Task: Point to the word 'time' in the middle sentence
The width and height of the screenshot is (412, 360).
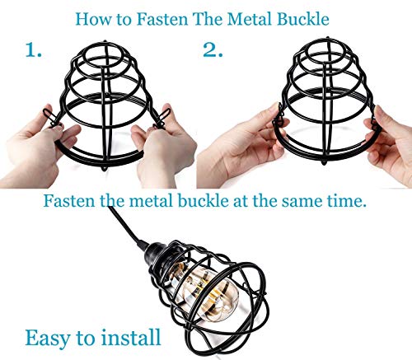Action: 349,200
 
